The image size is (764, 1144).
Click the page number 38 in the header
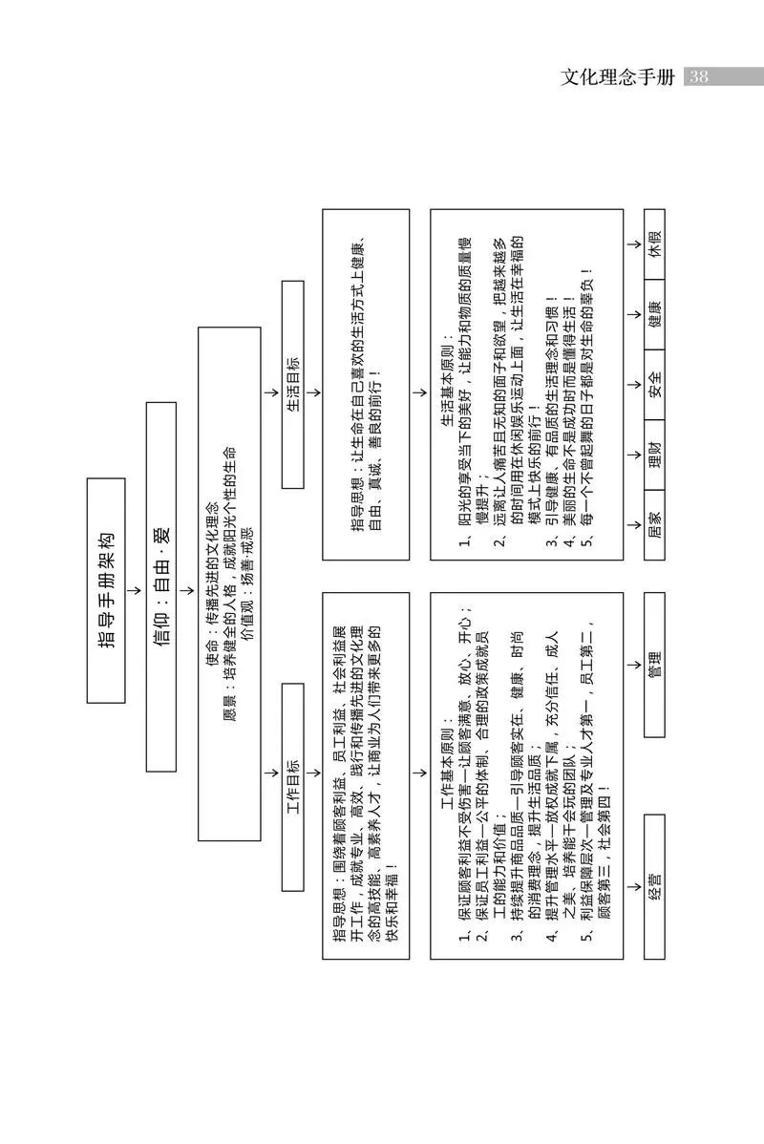point(698,77)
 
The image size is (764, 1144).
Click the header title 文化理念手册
point(618,77)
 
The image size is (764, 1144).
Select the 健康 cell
point(654,314)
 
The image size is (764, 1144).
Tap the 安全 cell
point(654,385)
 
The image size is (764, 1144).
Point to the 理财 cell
point(654,454)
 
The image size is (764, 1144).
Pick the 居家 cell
point(654,523)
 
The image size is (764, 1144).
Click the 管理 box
point(654,665)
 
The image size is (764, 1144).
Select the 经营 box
point(654,886)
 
